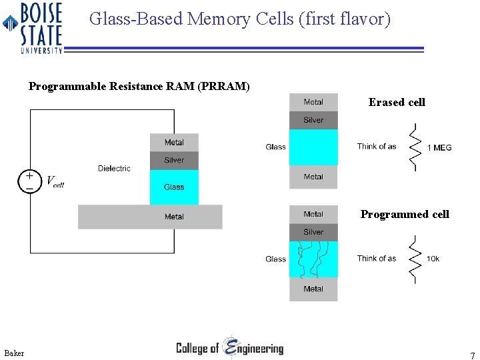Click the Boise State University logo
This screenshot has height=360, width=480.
click(33, 27)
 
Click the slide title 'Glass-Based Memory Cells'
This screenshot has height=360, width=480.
click(239, 19)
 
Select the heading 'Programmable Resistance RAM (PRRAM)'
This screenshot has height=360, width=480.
click(139, 86)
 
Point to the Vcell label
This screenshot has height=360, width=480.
click(55, 181)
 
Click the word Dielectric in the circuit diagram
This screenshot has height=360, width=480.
click(114, 169)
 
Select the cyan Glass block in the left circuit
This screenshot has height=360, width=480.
click(174, 187)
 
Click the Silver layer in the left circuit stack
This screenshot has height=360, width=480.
click(174, 160)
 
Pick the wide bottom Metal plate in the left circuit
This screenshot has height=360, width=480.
click(150, 217)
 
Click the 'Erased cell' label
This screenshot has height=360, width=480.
click(397, 102)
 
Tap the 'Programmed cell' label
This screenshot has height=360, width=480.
click(405, 214)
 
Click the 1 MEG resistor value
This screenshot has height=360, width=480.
click(439, 147)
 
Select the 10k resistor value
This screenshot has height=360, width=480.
click(433, 259)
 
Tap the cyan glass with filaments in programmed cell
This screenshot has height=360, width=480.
click(313, 259)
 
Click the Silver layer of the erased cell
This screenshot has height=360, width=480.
click(313, 120)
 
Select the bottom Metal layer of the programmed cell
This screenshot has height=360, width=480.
click(313, 289)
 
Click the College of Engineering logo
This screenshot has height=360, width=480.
click(230, 348)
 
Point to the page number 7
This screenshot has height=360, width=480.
click(472, 355)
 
